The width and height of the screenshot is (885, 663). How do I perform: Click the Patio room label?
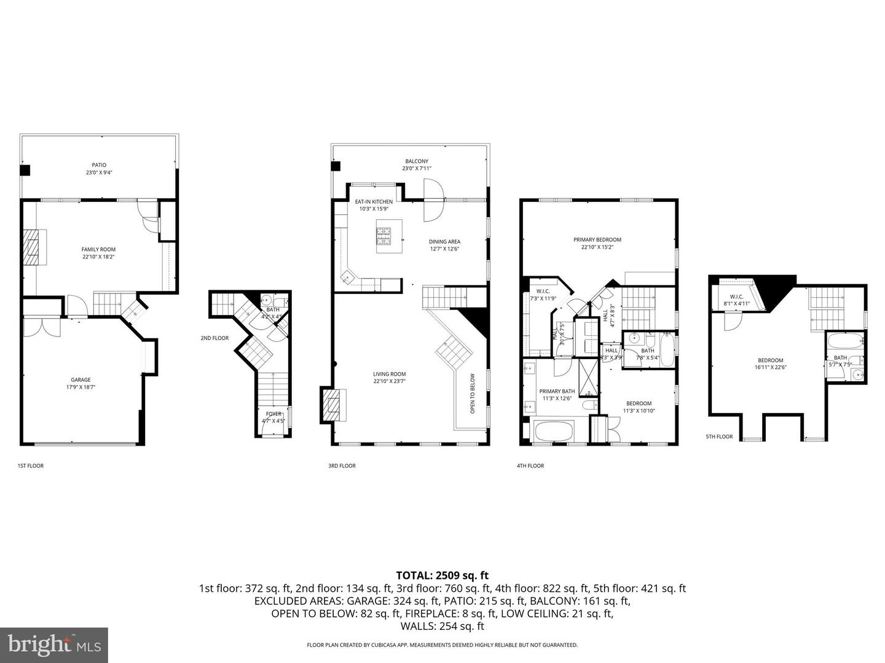point(99,165)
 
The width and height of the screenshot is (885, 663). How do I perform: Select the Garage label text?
point(81,380)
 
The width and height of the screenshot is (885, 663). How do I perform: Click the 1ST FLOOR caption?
point(31,466)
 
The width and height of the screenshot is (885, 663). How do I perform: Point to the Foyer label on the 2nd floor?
point(273,414)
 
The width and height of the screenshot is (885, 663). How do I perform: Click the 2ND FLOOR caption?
point(214,338)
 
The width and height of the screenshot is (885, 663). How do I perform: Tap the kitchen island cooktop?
point(384,235)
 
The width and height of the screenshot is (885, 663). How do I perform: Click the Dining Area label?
point(444,242)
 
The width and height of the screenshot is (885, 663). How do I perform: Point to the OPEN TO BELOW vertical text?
point(473,394)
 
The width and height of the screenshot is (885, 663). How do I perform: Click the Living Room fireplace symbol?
point(332,405)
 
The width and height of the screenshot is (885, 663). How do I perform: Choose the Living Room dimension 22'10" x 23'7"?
point(389,381)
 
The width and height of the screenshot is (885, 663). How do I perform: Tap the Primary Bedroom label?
point(597,240)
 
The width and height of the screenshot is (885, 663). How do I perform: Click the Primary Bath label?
point(557,391)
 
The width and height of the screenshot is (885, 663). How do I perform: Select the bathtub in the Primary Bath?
point(553,431)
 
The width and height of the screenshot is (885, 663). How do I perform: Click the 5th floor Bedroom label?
point(770,360)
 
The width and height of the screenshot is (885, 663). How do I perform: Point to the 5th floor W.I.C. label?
point(736,297)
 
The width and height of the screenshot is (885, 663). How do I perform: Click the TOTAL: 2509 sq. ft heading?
point(442,576)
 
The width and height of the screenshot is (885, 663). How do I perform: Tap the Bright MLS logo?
point(54,645)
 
